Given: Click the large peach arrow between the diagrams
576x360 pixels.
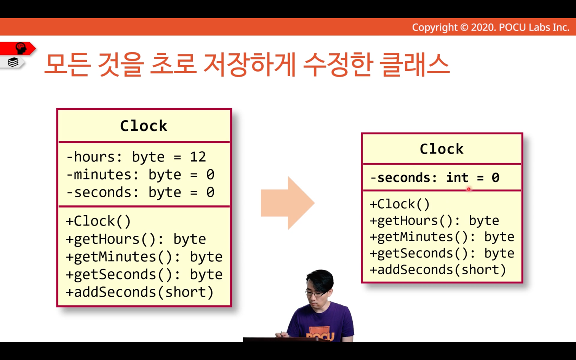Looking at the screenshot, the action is pyautogui.click(x=288, y=203).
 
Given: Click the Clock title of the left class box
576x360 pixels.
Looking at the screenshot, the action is pyautogui.click(x=144, y=126).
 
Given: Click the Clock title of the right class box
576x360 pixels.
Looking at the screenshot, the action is pyautogui.click(x=442, y=149).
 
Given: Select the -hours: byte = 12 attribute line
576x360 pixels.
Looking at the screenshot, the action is pyautogui.click(x=136, y=157).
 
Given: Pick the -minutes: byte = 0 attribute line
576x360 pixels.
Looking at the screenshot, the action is pyautogui.click(x=141, y=175).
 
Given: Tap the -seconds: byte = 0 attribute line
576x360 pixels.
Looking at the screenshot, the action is pyautogui.click(x=141, y=193).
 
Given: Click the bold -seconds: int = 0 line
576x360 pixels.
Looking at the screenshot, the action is pyautogui.click(x=435, y=178).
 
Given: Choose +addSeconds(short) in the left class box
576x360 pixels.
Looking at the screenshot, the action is pyautogui.click(x=140, y=292).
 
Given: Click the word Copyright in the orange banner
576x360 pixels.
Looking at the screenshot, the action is pyautogui.click(x=435, y=27).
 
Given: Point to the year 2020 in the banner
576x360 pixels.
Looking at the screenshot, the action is pyautogui.click(x=483, y=27).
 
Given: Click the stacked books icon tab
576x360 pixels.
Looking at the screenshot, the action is pyautogui.click(x=13, y=62).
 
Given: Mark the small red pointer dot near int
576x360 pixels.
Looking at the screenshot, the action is pyautogui.click(x=469, y=189).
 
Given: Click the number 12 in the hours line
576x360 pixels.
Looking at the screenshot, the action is pyautogui.click(x=198, y=157).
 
